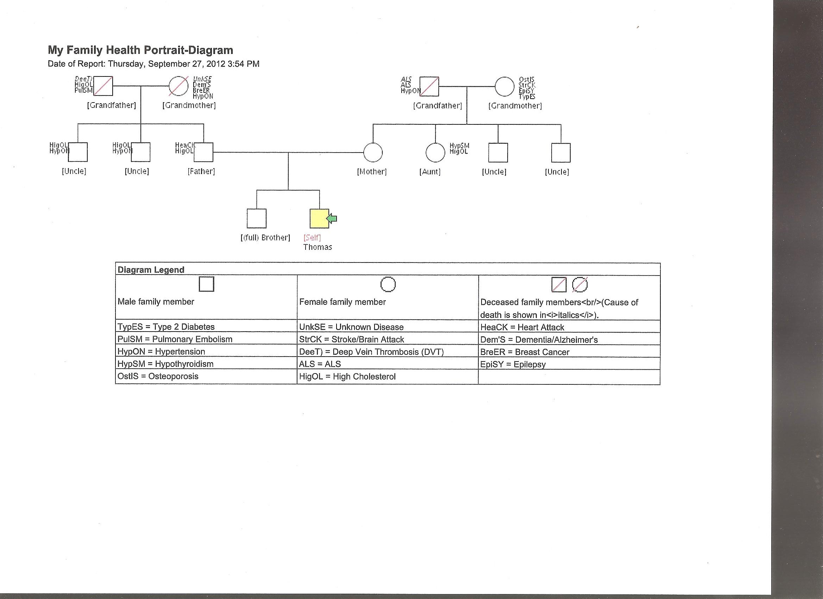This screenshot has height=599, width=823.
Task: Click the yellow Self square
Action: (319, 218)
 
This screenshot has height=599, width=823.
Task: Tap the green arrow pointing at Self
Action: (332, 218)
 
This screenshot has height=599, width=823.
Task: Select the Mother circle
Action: (373, 152)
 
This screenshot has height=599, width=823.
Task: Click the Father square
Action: (203, 152)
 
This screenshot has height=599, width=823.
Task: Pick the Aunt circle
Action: (435, 152)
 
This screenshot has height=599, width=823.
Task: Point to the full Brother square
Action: (257, 218)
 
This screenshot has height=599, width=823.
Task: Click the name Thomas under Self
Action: (318, 247)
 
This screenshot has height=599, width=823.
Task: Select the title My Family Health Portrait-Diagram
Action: (140, 50)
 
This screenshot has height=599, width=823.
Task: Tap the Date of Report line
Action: (153, 64)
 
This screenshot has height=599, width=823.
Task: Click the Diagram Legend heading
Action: (151, 270)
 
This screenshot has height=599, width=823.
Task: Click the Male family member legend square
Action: (207, 284)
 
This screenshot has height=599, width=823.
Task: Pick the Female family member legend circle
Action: (388, 284)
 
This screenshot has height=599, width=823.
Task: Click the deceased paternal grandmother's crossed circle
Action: (178, 86)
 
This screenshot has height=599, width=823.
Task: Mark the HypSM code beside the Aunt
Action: (459, 146)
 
